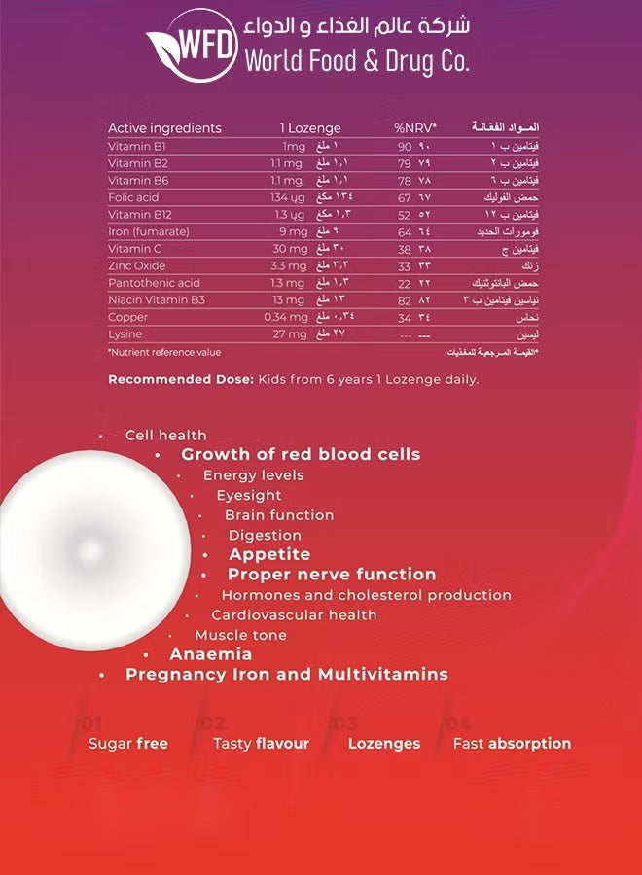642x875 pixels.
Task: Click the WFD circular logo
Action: (192, 46)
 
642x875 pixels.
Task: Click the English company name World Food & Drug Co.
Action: (357, 61)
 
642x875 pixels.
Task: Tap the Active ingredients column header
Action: (164, 128)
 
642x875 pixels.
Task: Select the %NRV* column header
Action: (415, 128)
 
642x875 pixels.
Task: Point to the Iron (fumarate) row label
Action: (149, 231)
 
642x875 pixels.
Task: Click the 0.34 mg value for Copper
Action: (285, 317)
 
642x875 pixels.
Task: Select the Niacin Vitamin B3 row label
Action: (151, 300)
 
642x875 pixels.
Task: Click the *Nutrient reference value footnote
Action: (164, 352)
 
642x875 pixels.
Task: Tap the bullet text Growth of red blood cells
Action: (301, 454)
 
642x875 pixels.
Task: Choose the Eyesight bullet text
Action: (249, 495)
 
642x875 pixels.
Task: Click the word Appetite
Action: (269, 554)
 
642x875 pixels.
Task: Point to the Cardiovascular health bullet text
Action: (294, 614)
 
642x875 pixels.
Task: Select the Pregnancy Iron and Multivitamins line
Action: (287, 674)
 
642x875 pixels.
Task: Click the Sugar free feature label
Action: (128, 743)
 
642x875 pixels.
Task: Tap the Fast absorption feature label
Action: (512, 743)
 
